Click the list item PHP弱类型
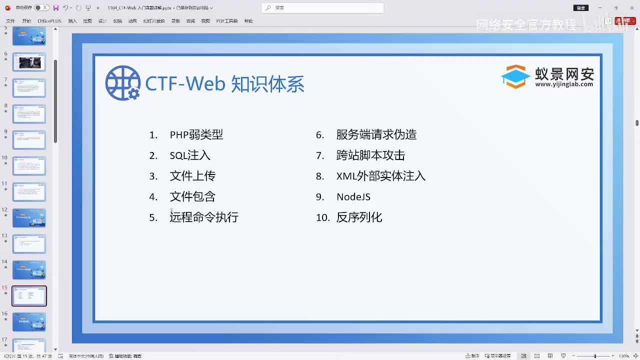click(x=196, y=134)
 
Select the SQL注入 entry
click(x=190, y=155)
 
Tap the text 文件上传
click(x=192, y=176)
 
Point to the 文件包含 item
click(x=192, y=196)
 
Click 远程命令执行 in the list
click(x=204, y=217)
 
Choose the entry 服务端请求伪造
click(x=376, y=134)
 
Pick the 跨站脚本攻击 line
click(x=370, y=155)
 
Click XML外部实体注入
click(x=380, y=176)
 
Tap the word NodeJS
click(x=353, y=196)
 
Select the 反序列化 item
click(x=359, y=217)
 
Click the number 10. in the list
click(x=322, y=217)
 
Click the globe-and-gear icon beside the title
click(x=122, y=83)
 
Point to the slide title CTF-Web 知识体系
click(x=224, y=84)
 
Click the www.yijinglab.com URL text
click(x=563, y=84)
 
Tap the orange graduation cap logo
click(x=515, y=76)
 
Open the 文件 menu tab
click(x=10, y=21)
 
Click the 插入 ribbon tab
click(x=72, y=21)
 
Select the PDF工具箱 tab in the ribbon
click(x=226, y=21)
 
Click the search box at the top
click(x=322, y=7)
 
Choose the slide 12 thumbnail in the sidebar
click(x=29, y=218)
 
